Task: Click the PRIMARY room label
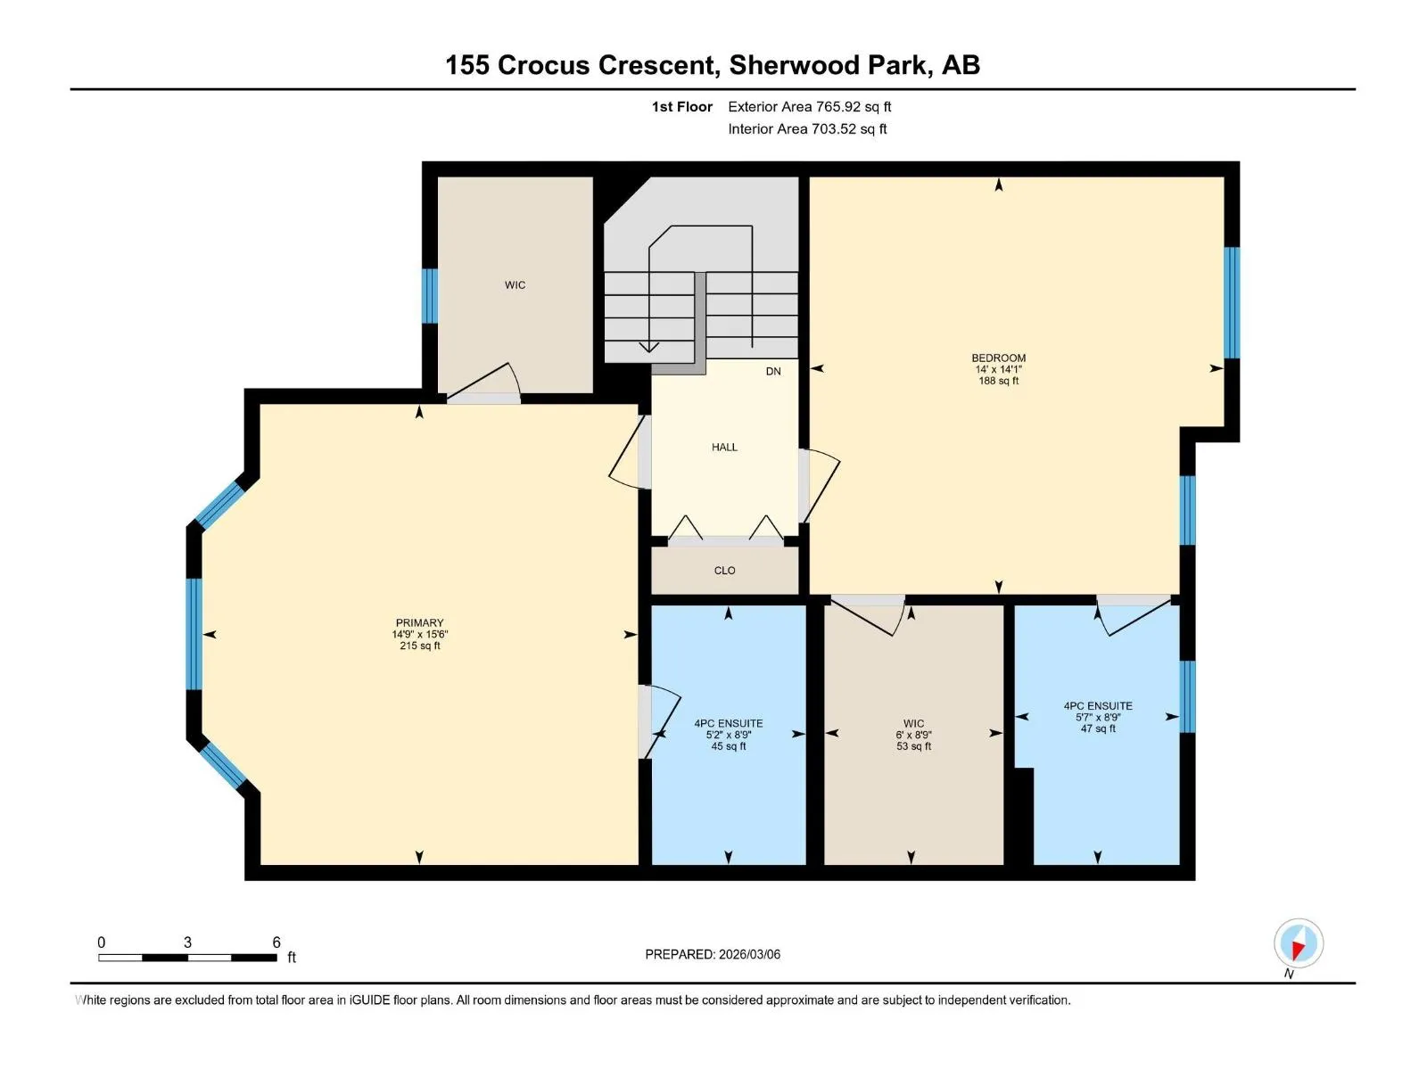(419, 622)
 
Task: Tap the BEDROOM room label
(999, 358)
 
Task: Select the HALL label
(724, 447)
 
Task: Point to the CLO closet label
(724, 571)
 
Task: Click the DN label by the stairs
(773, 372)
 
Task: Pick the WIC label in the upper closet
(515, 285)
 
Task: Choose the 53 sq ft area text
(913, 746)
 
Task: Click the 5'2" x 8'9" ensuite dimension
(728, 735)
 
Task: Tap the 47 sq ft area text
(1098, 728)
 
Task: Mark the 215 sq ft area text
(420, 646)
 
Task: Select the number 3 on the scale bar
(187, 942)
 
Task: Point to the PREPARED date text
(713, 954)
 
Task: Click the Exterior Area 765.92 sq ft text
(810, 106)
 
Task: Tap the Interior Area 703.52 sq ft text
(807, 128)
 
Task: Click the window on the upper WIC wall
(430, 296)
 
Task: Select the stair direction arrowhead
(648, 347)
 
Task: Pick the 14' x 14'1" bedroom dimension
(999, 369)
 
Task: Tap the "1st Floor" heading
(682, 106)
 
